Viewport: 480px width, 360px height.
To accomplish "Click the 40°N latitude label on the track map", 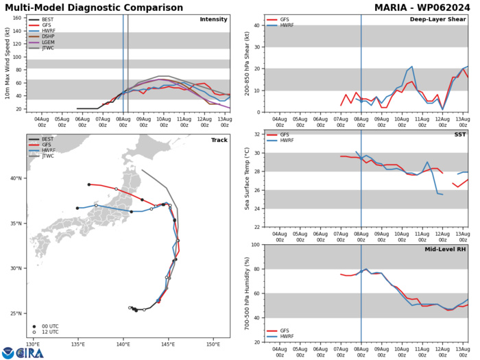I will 16,197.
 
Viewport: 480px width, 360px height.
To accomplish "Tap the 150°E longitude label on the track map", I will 213,344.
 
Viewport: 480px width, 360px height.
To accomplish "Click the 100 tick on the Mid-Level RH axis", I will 254,245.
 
